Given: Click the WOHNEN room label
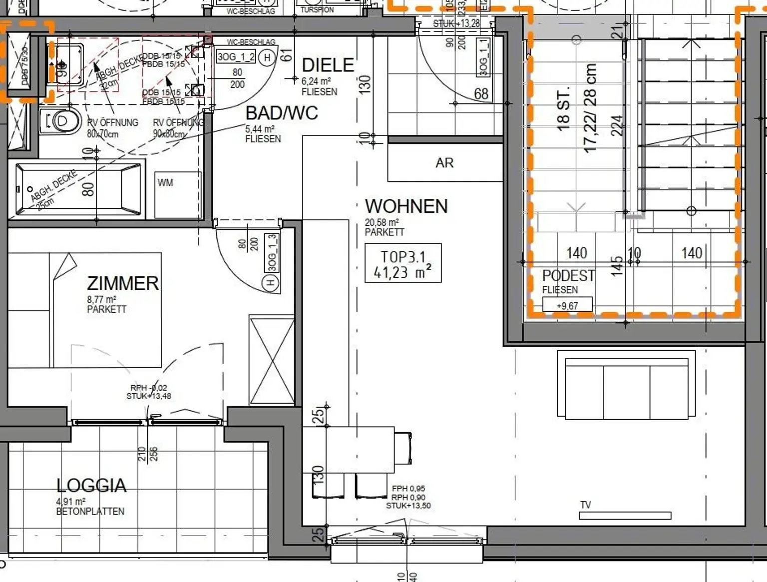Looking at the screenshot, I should tap(406, 206).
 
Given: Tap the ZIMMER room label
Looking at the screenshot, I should tap(122, 283).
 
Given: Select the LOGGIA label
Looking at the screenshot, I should tap(91, 486).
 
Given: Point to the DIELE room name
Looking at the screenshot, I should tap(328, 65).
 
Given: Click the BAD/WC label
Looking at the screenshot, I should tap(281, 113).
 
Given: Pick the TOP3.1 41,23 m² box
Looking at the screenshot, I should tap(403, 263).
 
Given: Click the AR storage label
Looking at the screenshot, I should tap(444, 163).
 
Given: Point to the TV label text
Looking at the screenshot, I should tap(585, 505).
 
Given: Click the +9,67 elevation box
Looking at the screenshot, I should tap(567, 305).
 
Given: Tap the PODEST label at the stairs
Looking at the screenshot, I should tap(568, 276).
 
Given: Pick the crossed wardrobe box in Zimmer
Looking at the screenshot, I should tap(272, 360).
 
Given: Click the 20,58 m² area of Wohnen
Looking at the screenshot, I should tap(382, 223).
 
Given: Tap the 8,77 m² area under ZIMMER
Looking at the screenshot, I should tap(101, 300).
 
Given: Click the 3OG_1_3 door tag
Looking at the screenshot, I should tap(272, 253).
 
